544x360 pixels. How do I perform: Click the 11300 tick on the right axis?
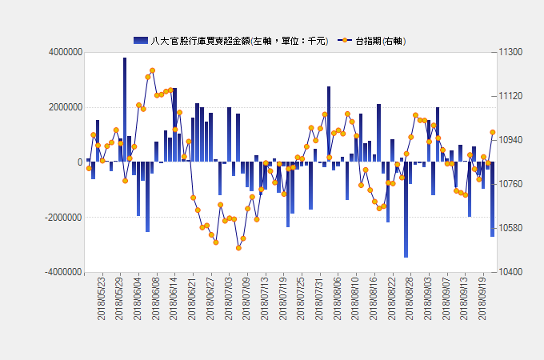[510, 52]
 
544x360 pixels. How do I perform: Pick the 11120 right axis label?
[510, 96]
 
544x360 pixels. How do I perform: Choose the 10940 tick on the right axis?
[510, 140]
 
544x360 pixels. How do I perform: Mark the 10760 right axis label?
[510, 184]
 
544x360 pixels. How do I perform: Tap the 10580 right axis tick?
[510, 228]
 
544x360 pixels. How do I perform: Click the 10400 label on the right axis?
[510, 272]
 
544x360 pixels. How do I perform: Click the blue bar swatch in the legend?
[141, 40]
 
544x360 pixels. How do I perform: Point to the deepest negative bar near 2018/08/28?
[406, 210]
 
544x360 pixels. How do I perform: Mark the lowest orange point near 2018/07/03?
[238, 248]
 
